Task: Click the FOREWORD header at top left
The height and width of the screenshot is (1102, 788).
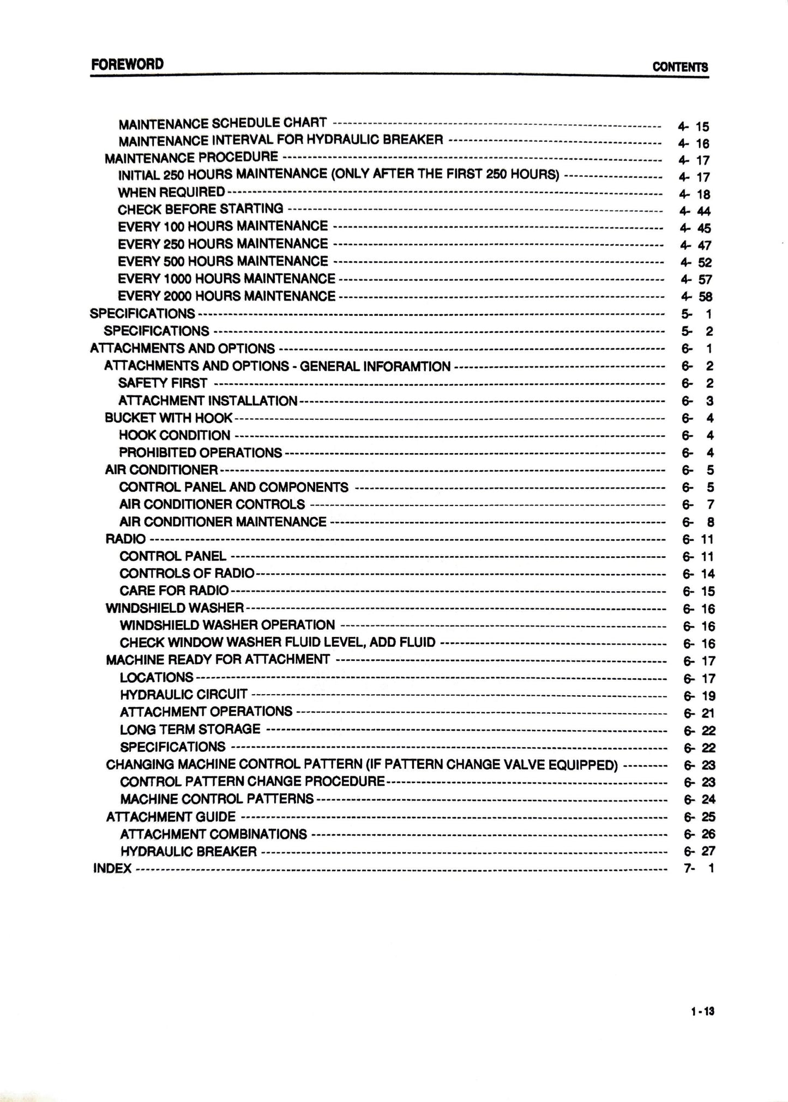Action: (x=127, y=64)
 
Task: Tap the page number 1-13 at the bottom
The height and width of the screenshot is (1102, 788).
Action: (x=702, y=1011)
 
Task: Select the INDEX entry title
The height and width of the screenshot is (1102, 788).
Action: (x=112, y=868)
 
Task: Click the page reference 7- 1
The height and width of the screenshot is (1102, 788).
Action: (x=699, y=868)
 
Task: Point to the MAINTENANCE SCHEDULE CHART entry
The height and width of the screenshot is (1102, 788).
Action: (x=222, y=123)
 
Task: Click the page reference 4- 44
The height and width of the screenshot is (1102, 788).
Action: (x=695, y=211)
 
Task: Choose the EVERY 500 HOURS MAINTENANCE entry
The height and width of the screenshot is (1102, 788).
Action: (x=223, y=261)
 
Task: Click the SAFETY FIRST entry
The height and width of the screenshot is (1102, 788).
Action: (x=163, y=383)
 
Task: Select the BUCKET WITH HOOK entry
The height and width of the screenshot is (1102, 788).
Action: (x=169, y=418)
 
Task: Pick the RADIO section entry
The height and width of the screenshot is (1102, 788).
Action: (x=125, y=539)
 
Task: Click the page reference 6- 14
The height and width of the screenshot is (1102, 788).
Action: (x=698, y=574)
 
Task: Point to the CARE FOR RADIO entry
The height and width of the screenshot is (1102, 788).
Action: (x=174, y=591)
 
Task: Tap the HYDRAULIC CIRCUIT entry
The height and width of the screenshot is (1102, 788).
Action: (x=184, y=695)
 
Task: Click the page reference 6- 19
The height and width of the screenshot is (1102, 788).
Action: (x=699, y=696)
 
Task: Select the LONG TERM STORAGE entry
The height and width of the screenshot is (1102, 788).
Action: (x=190, y=730)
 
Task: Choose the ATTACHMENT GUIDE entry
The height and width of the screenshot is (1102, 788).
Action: (x=171, y=817)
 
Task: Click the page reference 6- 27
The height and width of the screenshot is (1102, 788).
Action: (x=700, y=851)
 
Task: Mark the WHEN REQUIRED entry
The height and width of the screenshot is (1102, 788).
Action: (x=171, y=192)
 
